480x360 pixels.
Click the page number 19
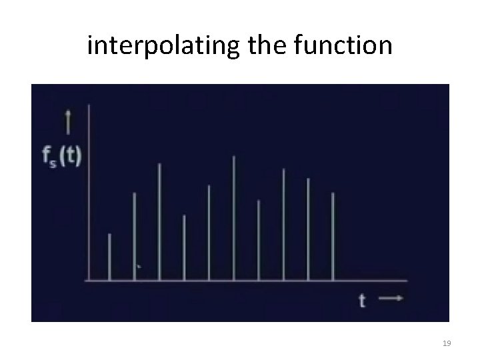[447, 343]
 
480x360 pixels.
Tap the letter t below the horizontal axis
[363, 301]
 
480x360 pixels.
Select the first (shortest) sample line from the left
[109, 257]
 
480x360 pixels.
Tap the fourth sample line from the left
[184, 247]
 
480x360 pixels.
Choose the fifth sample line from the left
[209, 233]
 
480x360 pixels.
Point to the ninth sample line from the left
[308, 229]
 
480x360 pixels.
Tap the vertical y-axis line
[89, 193]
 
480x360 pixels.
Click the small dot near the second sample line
[139, 267]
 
